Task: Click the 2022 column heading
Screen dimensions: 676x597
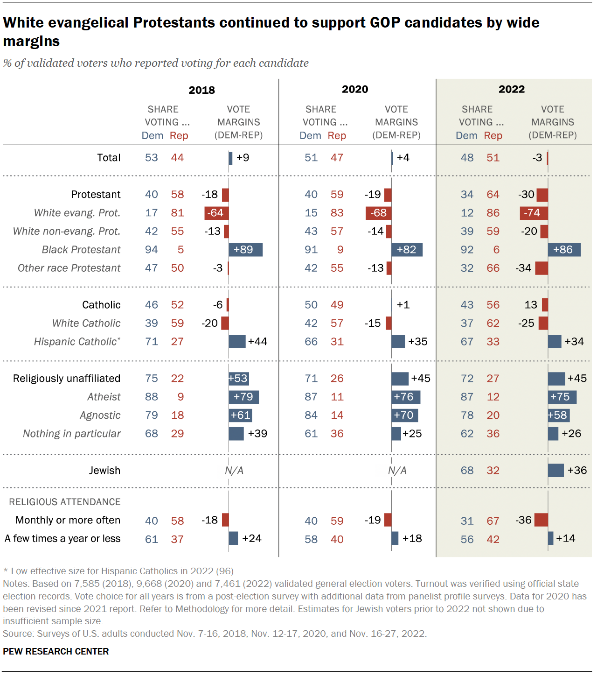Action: (x=512, y=89)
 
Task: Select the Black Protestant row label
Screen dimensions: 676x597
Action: (x=81, y=250)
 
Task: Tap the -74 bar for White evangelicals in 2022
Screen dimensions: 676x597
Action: (x=534, y=213)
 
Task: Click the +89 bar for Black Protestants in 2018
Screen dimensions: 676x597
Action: (x=245, y=250)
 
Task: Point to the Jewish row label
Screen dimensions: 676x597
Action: (x=104, y=471)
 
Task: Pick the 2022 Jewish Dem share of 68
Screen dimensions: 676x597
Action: (x=467, y=471)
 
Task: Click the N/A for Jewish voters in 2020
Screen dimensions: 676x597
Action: (x=397, y=471)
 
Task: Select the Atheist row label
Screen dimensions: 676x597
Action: (x=104, y=397)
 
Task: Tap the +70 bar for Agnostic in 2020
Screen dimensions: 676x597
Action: (x=404, y=415)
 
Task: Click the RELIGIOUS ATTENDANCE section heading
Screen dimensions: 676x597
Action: (x=65, y=502)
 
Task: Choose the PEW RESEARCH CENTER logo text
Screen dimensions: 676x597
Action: (x=56, y=651)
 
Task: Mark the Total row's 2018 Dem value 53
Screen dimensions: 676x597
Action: (x=151, y=158)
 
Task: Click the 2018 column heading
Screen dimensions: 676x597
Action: (x=201, y=90)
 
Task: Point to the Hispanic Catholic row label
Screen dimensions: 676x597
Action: (x=77, y=342)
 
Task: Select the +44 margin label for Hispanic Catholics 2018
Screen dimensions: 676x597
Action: (x=257, y=342)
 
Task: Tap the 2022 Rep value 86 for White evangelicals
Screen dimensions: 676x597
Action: (x=493, y=213)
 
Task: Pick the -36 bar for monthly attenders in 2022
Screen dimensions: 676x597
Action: (x=541, y=520)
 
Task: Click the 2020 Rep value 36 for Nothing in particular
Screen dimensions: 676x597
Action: (x=337, y=434)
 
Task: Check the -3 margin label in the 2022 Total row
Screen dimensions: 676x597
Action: (x=537, y=158)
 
